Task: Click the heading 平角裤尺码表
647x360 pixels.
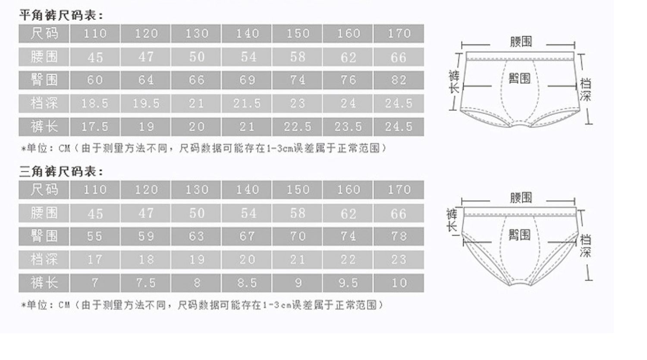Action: coord(62,16)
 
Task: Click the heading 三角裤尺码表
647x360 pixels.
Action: coord(62,172)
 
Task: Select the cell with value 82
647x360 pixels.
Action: coord(399,80)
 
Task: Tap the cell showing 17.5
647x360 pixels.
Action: coord(95,127)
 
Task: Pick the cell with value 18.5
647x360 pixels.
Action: coord(95,104)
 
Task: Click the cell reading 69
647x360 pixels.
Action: coord(247,80)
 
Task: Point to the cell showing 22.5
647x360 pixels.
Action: coord(298,127)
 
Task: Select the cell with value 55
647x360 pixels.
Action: coord(95,237)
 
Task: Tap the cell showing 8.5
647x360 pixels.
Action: coord(247,283)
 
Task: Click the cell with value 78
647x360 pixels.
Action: coord(399,237)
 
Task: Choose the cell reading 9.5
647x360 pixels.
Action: coord(348,283)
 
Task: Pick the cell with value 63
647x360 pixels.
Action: coord(196,237)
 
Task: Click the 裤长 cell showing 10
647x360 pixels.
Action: coord(399,283)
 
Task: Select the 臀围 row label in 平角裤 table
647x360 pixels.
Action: coord(44,80)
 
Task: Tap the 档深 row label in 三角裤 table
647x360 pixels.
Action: coord(44,260)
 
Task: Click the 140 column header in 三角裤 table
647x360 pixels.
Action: coord(247,190)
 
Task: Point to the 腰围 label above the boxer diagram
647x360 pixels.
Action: coord(521,42)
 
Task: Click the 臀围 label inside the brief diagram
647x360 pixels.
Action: coord(519,235)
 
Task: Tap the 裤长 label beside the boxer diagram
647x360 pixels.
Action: coord(454,82)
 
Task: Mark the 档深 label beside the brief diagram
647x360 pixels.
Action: coord(585,246)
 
